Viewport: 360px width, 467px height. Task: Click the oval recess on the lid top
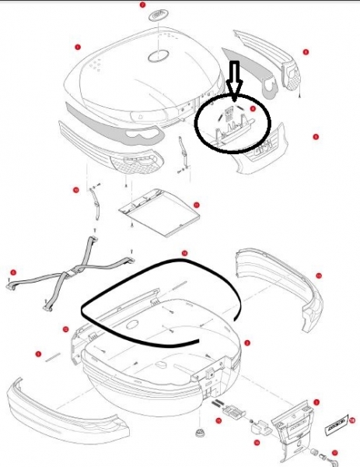coord(160,56)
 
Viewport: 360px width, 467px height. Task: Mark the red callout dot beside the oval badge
coord(142,5)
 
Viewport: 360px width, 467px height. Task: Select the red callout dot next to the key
coord(334,454)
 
